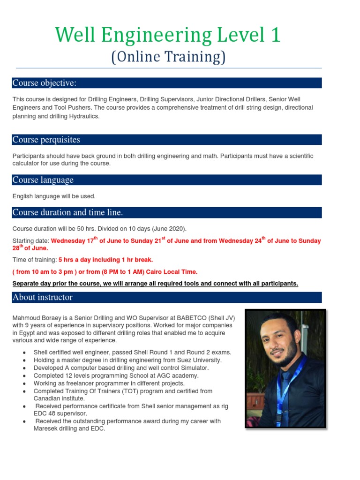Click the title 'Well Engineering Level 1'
tap(168, 36)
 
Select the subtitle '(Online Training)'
tap(168, 57)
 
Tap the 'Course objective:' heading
tap(44, 83)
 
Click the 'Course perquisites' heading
tap(46, 140)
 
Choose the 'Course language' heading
tap(43, 180)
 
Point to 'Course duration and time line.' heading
tap(67, 212)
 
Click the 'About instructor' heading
tap(42, 297)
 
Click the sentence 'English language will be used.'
tap(54, 196)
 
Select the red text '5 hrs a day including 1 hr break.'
tap(105, 259)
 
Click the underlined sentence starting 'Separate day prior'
tap(155, 284)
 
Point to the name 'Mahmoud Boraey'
tap(34, 318)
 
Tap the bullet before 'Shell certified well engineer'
tap(23, 352)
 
